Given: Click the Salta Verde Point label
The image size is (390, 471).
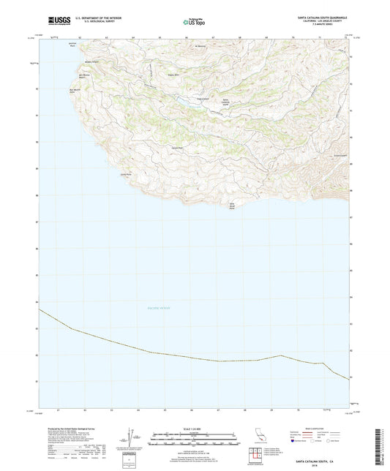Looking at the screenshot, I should pos(236,206).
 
